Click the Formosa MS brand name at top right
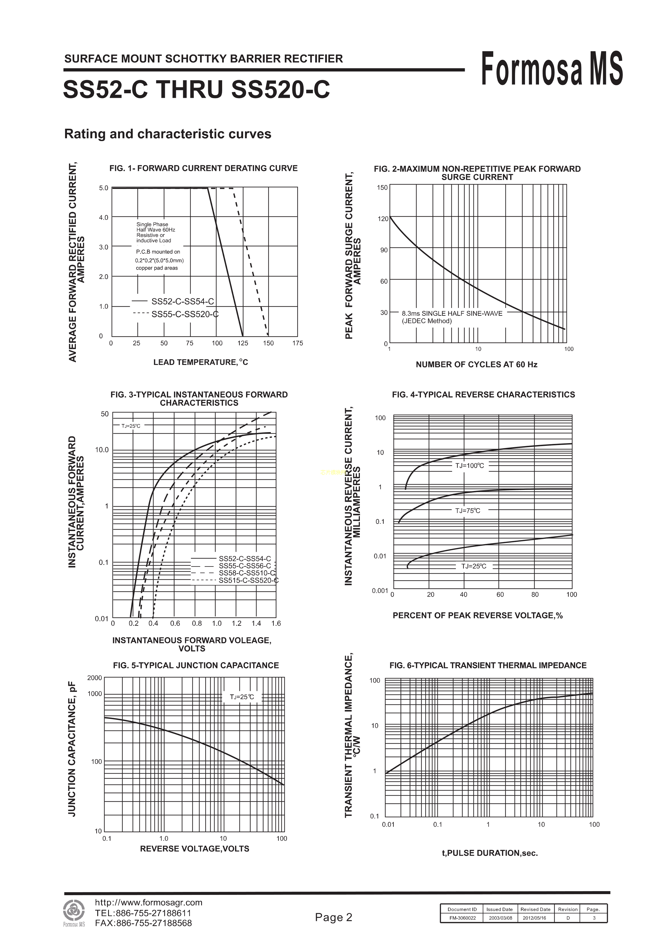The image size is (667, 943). pos(552,69)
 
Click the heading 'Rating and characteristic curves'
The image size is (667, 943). pos(168,134)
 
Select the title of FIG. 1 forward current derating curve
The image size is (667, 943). pos(203,168)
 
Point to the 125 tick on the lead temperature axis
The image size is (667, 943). pos(243,343)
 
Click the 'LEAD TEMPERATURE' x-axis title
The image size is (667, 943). pos(201,362)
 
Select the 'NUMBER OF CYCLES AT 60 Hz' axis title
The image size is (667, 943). pos(476,365)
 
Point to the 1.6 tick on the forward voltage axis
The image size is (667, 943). pos(276,623)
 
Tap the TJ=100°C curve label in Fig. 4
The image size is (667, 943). pos(469,466)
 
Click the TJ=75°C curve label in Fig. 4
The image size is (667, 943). pos(467,511)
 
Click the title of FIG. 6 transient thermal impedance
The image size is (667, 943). pos(488,665)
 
